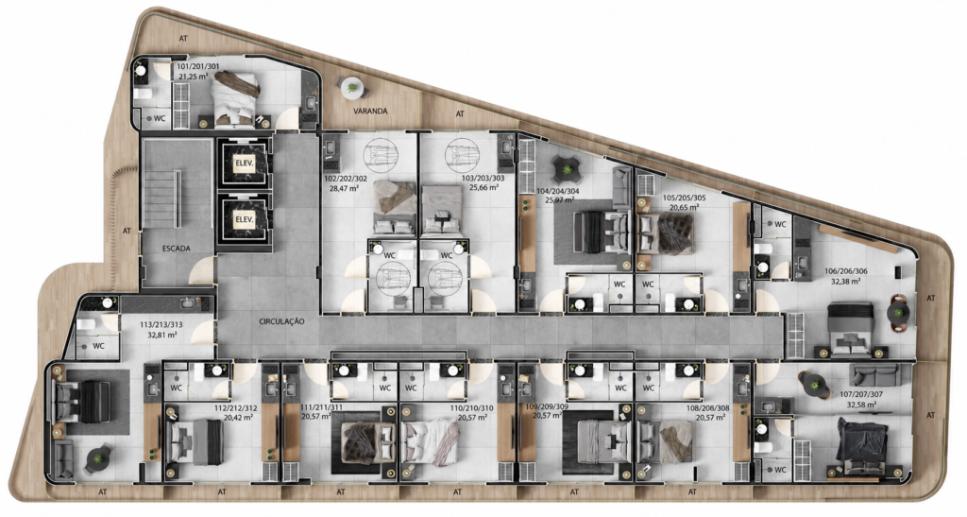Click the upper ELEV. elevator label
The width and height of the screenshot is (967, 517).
coord(245,164)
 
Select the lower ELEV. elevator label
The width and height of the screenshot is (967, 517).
coord(245,219)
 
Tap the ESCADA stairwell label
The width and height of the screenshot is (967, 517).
coord(177,249)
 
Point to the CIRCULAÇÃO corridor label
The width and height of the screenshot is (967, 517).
coord(281,321)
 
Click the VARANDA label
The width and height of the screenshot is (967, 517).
coord(370,112)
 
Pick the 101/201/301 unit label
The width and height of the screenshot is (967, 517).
coord(197,66)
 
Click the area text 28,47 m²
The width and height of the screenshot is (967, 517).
coord(345,189)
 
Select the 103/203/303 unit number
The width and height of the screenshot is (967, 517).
coord(483,179)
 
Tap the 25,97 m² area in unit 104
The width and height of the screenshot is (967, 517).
coord(560,199)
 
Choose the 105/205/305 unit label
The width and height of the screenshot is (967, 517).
coord(684,198)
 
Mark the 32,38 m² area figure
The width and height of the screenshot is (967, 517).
coord(845,281)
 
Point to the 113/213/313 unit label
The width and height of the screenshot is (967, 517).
coord(161,325)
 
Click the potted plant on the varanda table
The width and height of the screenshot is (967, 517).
coord(351,88)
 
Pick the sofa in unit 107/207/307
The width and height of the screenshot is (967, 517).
coord(874,374)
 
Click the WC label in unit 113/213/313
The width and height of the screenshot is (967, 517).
coord(98,346)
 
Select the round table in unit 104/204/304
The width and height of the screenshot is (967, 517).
coord(565,167)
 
